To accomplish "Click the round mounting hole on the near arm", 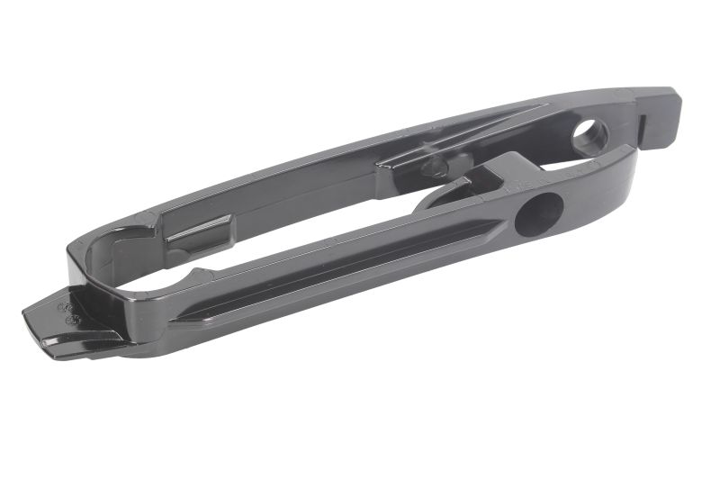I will pyautogui.click(x=538, y=215).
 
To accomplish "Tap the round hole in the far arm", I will pyautogui.click(x=590, y=136).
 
